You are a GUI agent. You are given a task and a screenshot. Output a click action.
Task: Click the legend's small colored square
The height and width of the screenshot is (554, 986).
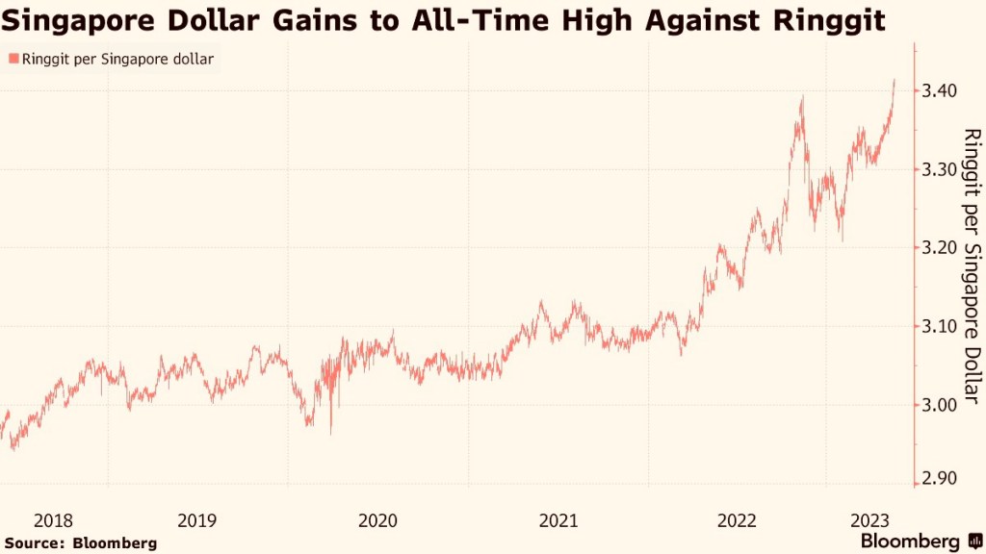coord(13,60)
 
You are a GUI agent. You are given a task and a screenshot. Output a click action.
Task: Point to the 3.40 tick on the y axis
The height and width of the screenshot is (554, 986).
coord(940,90)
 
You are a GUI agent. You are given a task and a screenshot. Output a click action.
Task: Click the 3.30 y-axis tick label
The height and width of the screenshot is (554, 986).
coord(940,169)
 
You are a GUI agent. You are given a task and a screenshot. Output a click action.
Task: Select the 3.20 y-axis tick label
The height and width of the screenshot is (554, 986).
coord(940,248)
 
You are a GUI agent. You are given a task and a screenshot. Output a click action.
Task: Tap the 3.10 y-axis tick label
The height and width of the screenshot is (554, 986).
coord(940,327)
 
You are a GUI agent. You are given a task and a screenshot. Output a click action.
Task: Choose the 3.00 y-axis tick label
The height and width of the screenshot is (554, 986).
coord(940,405)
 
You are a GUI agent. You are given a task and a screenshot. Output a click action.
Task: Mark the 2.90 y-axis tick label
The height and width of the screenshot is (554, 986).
coord(940,479)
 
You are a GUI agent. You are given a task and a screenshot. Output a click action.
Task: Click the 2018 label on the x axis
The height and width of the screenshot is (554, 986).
coord(53,520)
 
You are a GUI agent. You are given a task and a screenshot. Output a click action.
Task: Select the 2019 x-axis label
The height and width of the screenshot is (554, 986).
coord(197,520)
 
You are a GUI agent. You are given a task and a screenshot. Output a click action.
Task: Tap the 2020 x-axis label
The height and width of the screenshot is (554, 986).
coord(377,520)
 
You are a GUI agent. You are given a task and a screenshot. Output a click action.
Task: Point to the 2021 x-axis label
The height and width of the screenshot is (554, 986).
coord(558,520)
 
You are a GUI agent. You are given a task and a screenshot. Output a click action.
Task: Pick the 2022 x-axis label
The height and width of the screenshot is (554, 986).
coord(739,520)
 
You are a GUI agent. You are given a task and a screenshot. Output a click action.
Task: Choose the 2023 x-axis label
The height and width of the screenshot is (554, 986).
coord(869,520)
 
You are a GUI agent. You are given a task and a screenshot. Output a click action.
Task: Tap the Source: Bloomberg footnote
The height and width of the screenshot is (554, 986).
coord(80,543)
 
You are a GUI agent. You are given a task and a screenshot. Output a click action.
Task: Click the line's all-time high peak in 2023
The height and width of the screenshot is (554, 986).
coord(895,81)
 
